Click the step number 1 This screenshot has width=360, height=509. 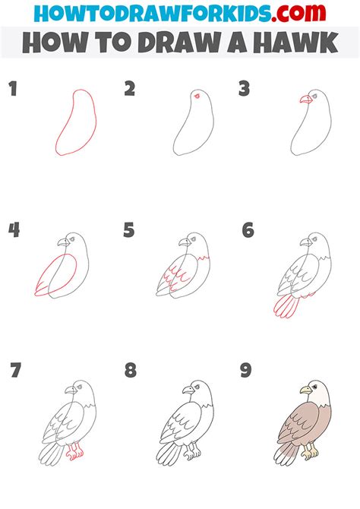(x=13, y=90)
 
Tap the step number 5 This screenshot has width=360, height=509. (x=129, y=230)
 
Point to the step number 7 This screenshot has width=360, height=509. (x=14, y=371)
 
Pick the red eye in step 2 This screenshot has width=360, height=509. (x=198, y=96)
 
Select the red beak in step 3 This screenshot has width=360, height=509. (x=305, y=99)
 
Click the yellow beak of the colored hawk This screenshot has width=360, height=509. (x=305, y=390)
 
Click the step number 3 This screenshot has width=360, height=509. (x=244, y=90)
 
